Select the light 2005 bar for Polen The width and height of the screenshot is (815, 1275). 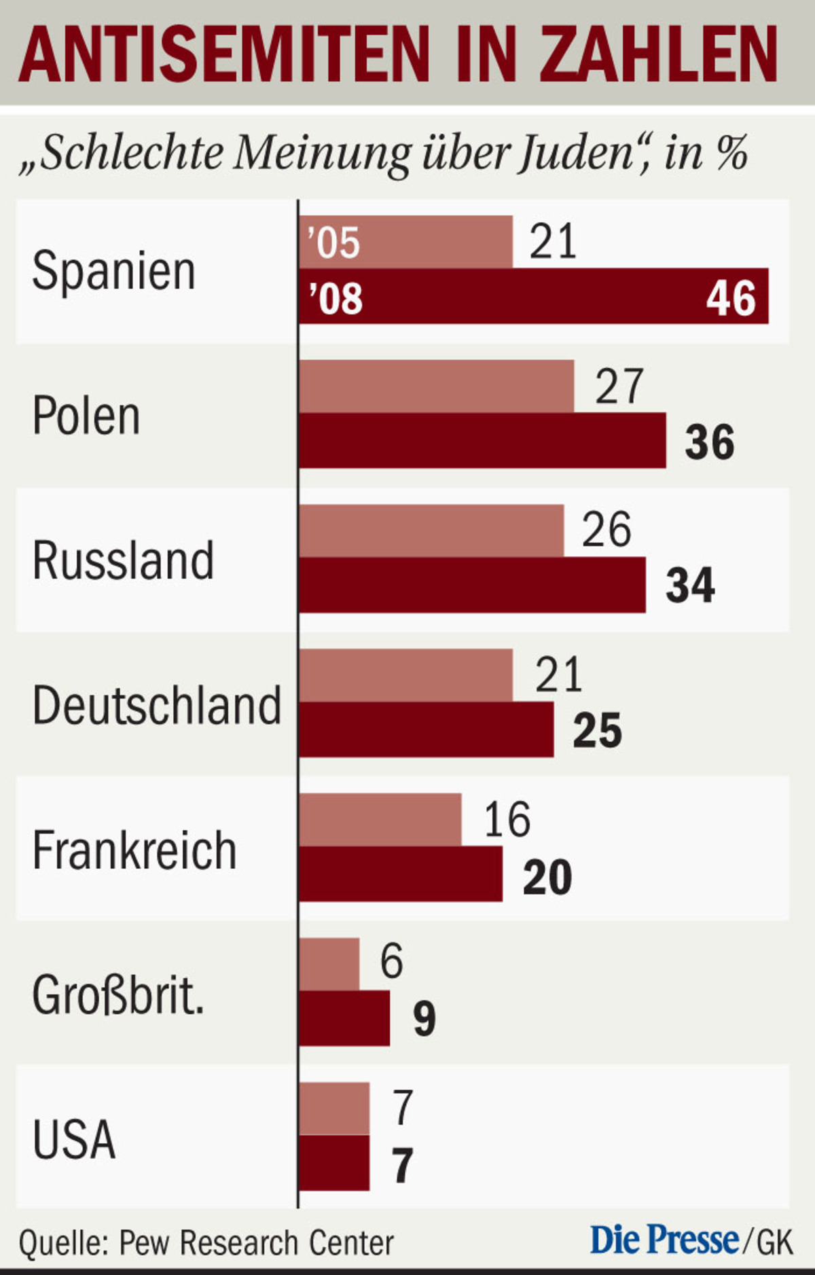pos(436,387)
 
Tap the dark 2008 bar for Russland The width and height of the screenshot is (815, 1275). pos(472,586)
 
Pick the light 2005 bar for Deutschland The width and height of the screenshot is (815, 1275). pos(405,675)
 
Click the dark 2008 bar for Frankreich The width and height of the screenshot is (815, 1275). pos(401,874)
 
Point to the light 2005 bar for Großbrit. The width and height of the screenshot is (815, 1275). pos(329,964)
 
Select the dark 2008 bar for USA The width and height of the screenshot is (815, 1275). pos(334,1163)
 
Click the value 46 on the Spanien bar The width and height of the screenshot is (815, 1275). pos(730,298)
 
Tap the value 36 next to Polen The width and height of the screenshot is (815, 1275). pos(709,442)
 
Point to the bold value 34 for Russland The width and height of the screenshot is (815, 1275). pos(690,586)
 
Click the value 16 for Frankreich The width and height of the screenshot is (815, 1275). pos(507,819)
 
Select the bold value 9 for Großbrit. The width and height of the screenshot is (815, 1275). pos(424,1019)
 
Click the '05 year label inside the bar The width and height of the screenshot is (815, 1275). pos(333,243)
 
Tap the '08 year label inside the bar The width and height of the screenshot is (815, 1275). pos(336,298)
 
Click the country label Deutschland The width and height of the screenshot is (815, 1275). pos(157,705)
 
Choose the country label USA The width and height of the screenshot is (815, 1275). pos(74,1139)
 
